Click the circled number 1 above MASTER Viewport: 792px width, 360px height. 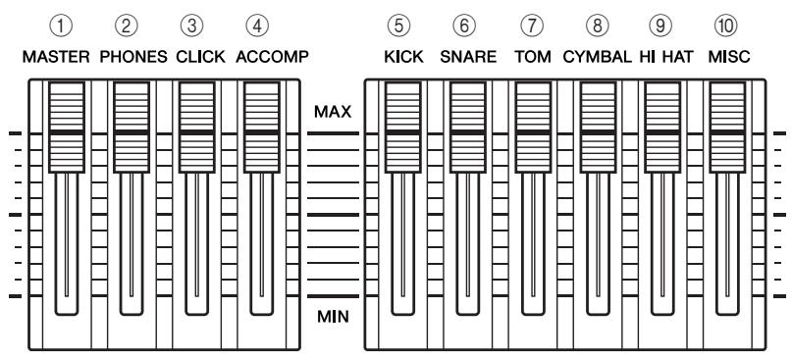pos(61,26)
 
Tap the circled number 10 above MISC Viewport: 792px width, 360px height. pos(726,26)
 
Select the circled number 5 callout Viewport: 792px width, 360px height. pos(399,26)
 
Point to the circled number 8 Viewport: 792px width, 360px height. pos(597,26)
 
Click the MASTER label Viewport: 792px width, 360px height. pos(56,57)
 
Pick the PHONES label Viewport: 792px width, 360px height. pos(133,57)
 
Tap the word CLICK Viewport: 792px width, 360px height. pos(200,57)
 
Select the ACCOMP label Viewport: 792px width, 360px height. pos(272,57)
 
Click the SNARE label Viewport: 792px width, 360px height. pos(468,57)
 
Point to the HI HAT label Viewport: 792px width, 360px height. pos(666,57)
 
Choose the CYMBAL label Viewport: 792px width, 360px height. pos(597,57)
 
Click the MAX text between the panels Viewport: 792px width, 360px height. pos(333,112)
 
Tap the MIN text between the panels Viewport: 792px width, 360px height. pos(333,317)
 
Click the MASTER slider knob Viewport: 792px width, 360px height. pos(66,128)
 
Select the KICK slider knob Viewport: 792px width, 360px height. pos(402,128)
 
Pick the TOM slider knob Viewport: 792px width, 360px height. pos(533,128)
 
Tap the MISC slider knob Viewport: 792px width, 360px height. pos(727,128)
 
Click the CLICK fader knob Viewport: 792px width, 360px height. pos(197,128)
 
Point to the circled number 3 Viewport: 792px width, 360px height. pos(191,26)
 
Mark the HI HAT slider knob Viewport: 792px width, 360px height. pos(662,128)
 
